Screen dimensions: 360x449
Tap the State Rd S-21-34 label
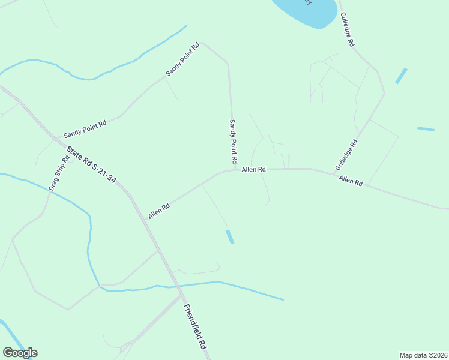[x=91, y=164]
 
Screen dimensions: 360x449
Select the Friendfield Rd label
[x=195, y=327]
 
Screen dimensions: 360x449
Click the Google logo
[x=20, y=353]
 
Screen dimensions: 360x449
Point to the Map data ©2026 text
[x=423, y=355]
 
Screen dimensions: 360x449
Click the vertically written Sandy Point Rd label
[x=232, y=142]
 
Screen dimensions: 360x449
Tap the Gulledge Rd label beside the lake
[x=348, y=30]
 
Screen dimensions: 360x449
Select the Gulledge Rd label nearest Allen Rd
[x=346, y=154]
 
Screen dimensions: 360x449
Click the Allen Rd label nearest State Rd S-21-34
[x=159, y=211]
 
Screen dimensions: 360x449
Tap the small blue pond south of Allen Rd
[x=229, y=237]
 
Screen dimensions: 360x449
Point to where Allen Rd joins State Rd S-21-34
[x=143, y=219]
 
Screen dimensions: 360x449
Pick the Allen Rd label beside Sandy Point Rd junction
[x=253, y=170]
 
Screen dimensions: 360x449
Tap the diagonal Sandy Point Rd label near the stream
[x=182, y=59]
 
